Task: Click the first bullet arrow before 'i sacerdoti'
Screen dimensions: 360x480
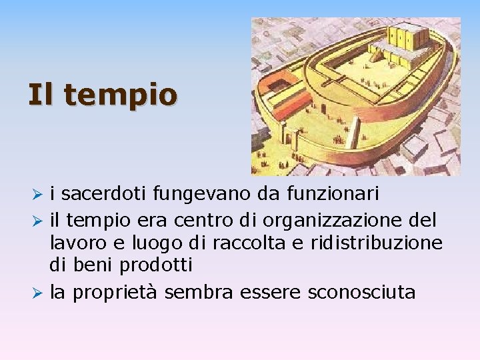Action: pyautogui.click(x=39, y=195)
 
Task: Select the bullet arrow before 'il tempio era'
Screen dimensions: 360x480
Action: pyautogui.click(x=39, y=219)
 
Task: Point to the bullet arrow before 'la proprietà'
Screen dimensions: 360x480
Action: pyautogui.click(x=39, y=293)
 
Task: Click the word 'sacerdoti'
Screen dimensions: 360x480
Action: pyautogui.click(x=107, y=194)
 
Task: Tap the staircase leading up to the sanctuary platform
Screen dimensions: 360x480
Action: pyautogui.click(x=377, y=56)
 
